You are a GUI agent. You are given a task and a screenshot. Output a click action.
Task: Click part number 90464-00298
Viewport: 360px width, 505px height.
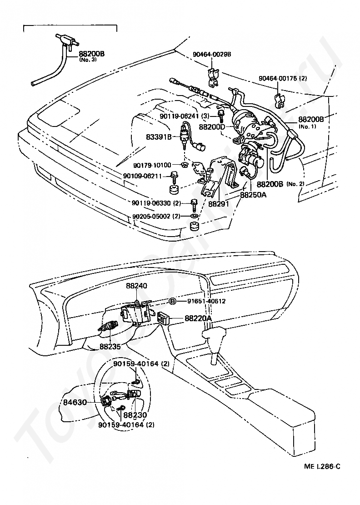pyautogui.click(x=212, y=54)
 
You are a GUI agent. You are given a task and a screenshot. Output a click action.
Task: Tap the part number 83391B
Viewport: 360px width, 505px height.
pyautogui.click(x=159, y=136)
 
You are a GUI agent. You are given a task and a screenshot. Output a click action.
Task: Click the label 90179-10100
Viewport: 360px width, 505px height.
pyautogui.click(x=152, y=165)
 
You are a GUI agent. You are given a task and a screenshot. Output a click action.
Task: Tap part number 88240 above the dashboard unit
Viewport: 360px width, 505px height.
pyautogui.click(x=136, y=287)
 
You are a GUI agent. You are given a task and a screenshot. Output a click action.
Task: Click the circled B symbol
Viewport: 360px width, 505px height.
pyautogui.click(x=173, y=301)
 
